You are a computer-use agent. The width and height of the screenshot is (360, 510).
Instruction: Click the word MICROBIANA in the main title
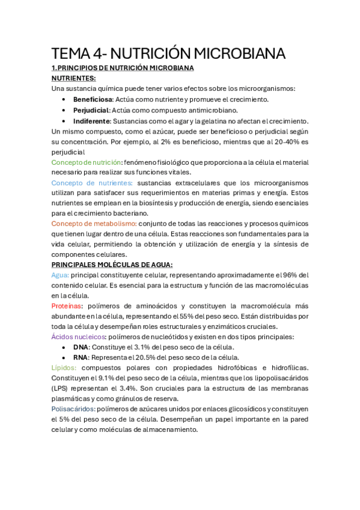tap(233, 54)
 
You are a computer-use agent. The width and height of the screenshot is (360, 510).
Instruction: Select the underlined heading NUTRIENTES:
tap(74, 78)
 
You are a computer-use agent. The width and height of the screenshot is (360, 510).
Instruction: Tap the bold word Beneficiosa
tap(92, 99)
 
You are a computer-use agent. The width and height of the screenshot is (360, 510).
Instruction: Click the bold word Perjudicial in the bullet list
tap(91, 110)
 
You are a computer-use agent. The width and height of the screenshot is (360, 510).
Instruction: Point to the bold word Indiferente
tap(91, 121)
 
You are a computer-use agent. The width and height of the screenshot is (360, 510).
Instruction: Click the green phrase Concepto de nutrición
tap(86, 162)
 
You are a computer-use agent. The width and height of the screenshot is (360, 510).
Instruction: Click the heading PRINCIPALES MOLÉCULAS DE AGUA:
tap(112, 265)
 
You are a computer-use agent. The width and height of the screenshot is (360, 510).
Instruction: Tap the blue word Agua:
tap(60, 275)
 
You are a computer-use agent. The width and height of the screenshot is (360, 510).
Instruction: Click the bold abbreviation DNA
tap(81, 347)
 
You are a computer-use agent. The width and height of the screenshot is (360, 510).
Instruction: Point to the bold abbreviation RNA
tap(81, 357)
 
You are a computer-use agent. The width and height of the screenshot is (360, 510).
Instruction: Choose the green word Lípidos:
tap(64, 368)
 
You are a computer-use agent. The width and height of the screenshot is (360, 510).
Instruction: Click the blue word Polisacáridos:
tap(72, 409)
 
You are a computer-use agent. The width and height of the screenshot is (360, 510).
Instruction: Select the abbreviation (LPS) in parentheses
tap(61, 389)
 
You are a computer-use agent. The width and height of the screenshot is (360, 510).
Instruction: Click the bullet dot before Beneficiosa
tap(64, 99)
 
